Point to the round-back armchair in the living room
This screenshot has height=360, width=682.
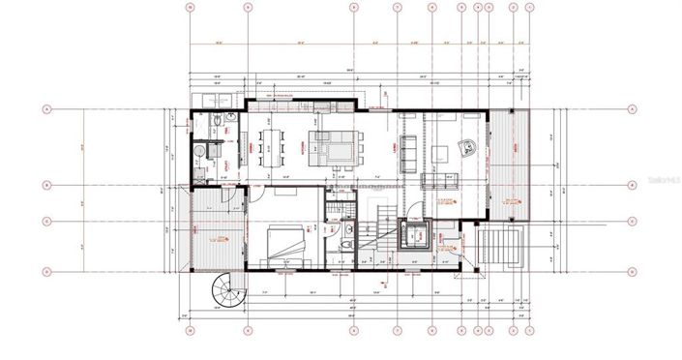click(469, 147)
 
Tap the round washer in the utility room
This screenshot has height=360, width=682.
click(200, 151)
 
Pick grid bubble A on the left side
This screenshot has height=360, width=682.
click(46, 109)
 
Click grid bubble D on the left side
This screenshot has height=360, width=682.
click(46, 271)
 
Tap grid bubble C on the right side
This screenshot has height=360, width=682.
click(632, 221)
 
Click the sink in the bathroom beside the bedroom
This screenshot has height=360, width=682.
click(345, 230)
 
